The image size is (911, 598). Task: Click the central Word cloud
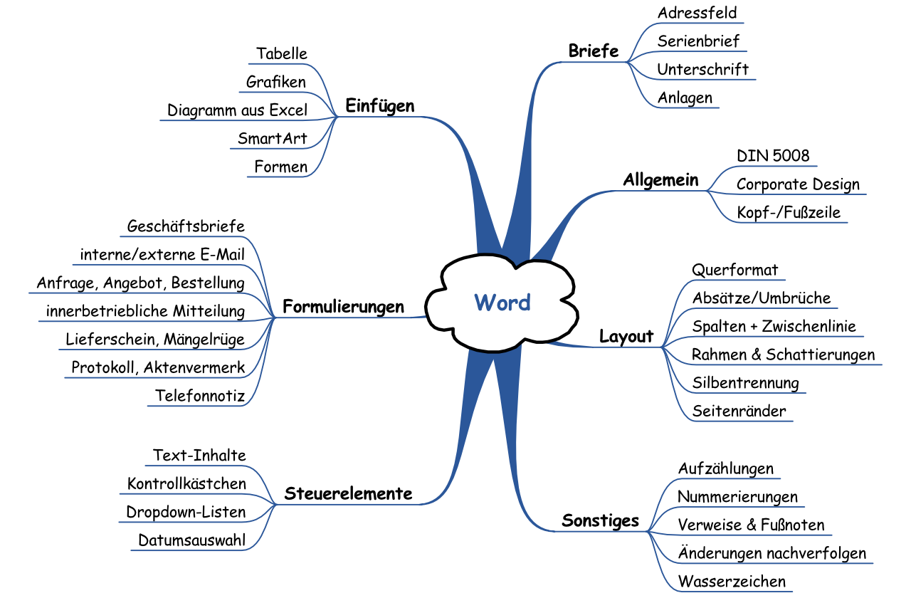(x=502, y=303)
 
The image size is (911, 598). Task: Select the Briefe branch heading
(x=594, y=51)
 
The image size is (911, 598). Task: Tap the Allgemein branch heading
(x=660, y=180)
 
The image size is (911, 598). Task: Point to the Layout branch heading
(x=626, y=337)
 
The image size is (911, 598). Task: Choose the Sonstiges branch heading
(x=601, y=520)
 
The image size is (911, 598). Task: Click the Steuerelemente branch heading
(x=348, y=493)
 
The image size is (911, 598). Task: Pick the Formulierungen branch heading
(x=343, y=307)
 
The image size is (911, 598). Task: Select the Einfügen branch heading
(x=379, y=106)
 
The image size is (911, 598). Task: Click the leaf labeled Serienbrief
(x=698, y=41)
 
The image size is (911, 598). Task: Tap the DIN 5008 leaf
(x=773, y=156)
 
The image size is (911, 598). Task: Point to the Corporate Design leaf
(x=798, y=184)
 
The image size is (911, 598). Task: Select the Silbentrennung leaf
(x=745, y=383)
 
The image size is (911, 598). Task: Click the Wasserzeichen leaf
(x=732, y=581)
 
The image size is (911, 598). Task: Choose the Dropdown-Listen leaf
(x=186, y=512)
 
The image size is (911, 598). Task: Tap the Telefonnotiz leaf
(x=200, y=396)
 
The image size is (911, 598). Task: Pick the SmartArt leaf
(x=273, y=138)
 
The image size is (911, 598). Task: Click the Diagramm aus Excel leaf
(x=237, y=110)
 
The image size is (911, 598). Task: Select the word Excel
(x=288, y=110)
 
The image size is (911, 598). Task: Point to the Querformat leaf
(x=735, y=271)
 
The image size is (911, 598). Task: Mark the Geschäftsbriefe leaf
(x=186, y=226)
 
